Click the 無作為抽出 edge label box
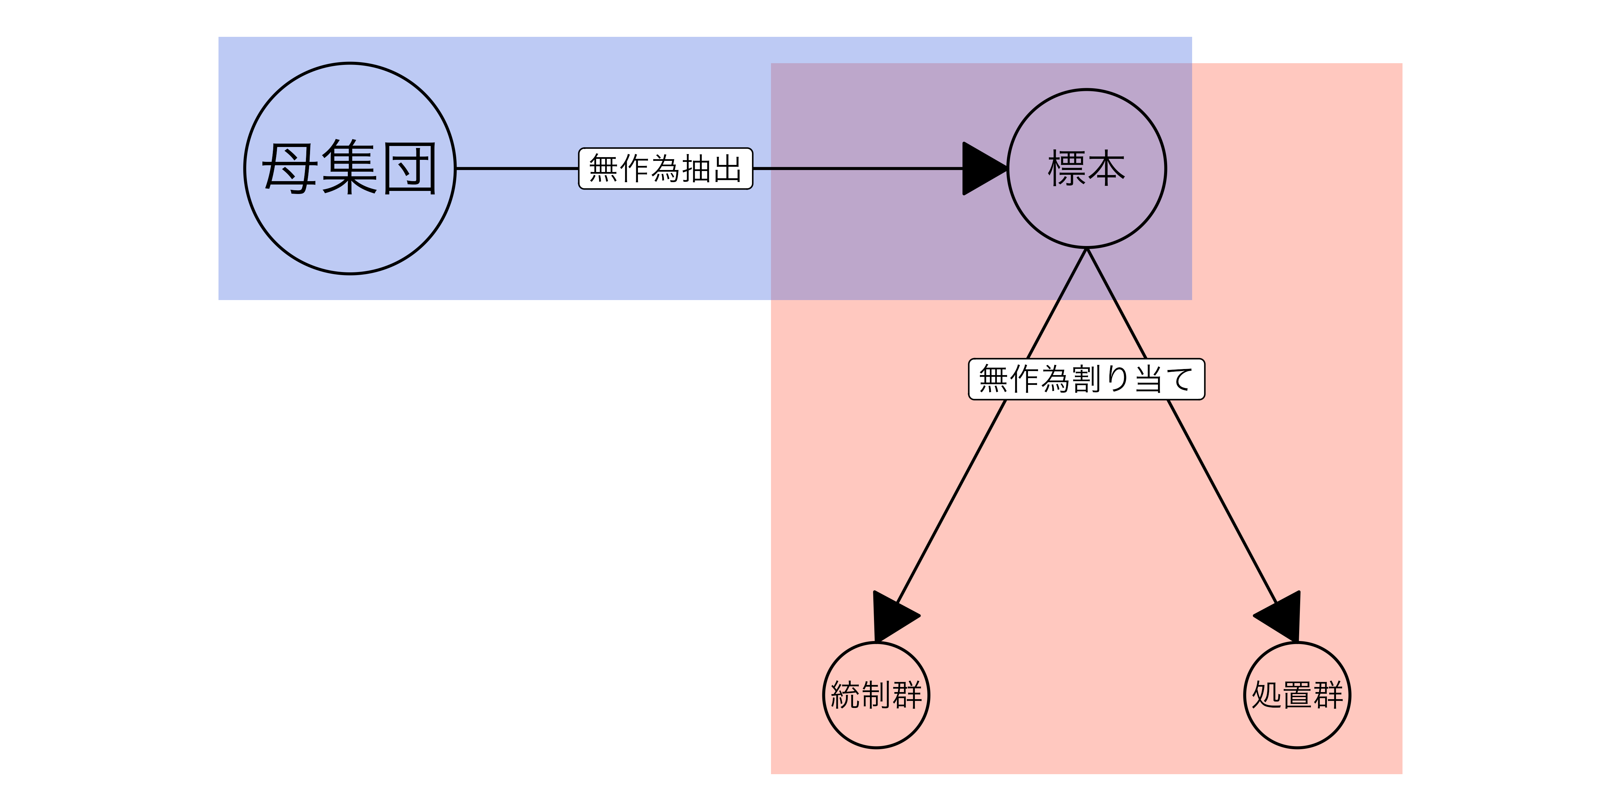pyautogui.click(x=665, y=168)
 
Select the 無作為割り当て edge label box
pyautogui.click(x=1086, y=379)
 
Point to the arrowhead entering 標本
pyautogui.click(x=983, y=168)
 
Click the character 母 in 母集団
pyautogui.click(x=289, y=168)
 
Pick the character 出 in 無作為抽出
pyautogui.click(x=727, y=168)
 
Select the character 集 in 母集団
pyautogui.click(x=350, y=168)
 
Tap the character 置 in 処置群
pyautogui.click(x=1297, y=695)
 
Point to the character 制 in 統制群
pyautogui.click(x=876, y=695)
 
